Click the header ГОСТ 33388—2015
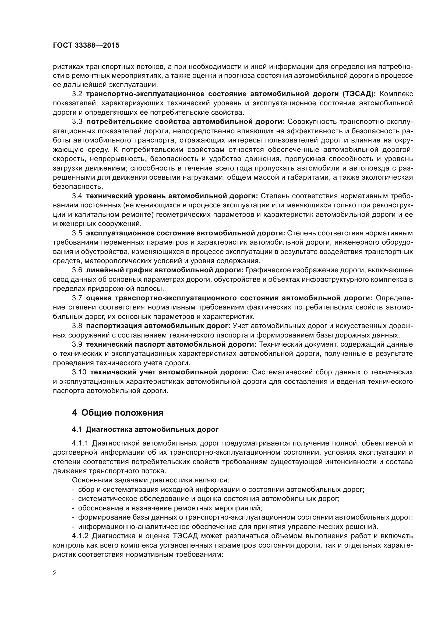(86, 46)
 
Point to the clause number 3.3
(77, 121)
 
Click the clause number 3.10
(79, 372)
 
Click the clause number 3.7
(77, 298)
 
